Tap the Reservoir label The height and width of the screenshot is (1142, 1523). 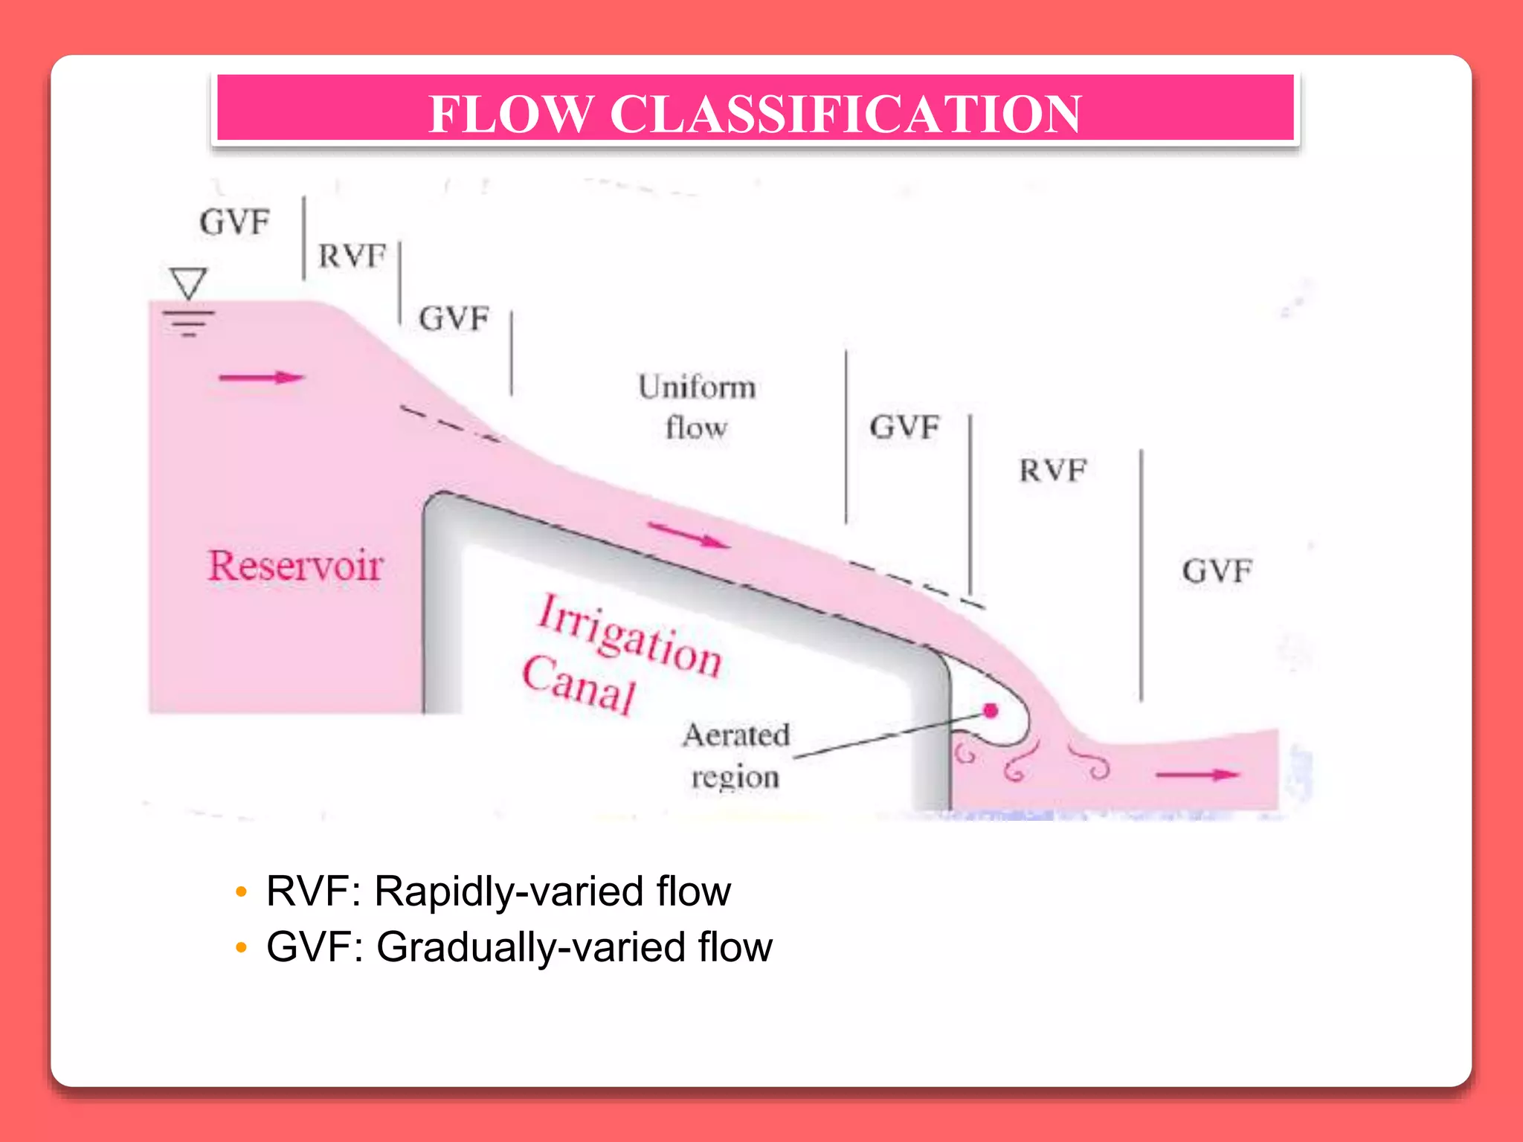click(x=295, y=566)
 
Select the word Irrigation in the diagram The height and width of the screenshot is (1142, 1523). click(x=629, y=636)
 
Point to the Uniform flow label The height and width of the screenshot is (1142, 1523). click(x=697, y=407)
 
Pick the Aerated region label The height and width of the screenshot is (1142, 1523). click(x=735, y=755)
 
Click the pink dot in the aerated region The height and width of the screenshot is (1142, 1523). click(x=991, y=711)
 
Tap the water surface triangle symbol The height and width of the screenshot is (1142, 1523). click(x=188, y=283)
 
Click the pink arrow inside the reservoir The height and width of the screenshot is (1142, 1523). click(x=261, y=378)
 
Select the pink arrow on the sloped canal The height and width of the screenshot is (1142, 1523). click(x=689, y=535)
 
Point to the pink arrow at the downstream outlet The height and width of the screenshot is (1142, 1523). click(x=1197, y=775)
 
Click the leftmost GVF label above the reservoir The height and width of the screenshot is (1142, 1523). click(x=234, y=222)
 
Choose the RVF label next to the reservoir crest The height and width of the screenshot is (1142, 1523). click(x=352, y=257)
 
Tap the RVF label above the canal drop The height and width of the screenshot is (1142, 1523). click(x=1052, y=471)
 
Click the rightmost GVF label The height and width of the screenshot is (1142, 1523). click(x=1217, y=571)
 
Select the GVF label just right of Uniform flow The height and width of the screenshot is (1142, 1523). click(x=904, y=428)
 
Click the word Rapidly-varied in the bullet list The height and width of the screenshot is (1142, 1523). click(x=509, y=891)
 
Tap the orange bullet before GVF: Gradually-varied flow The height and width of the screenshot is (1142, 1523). click(x=240, y=947)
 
